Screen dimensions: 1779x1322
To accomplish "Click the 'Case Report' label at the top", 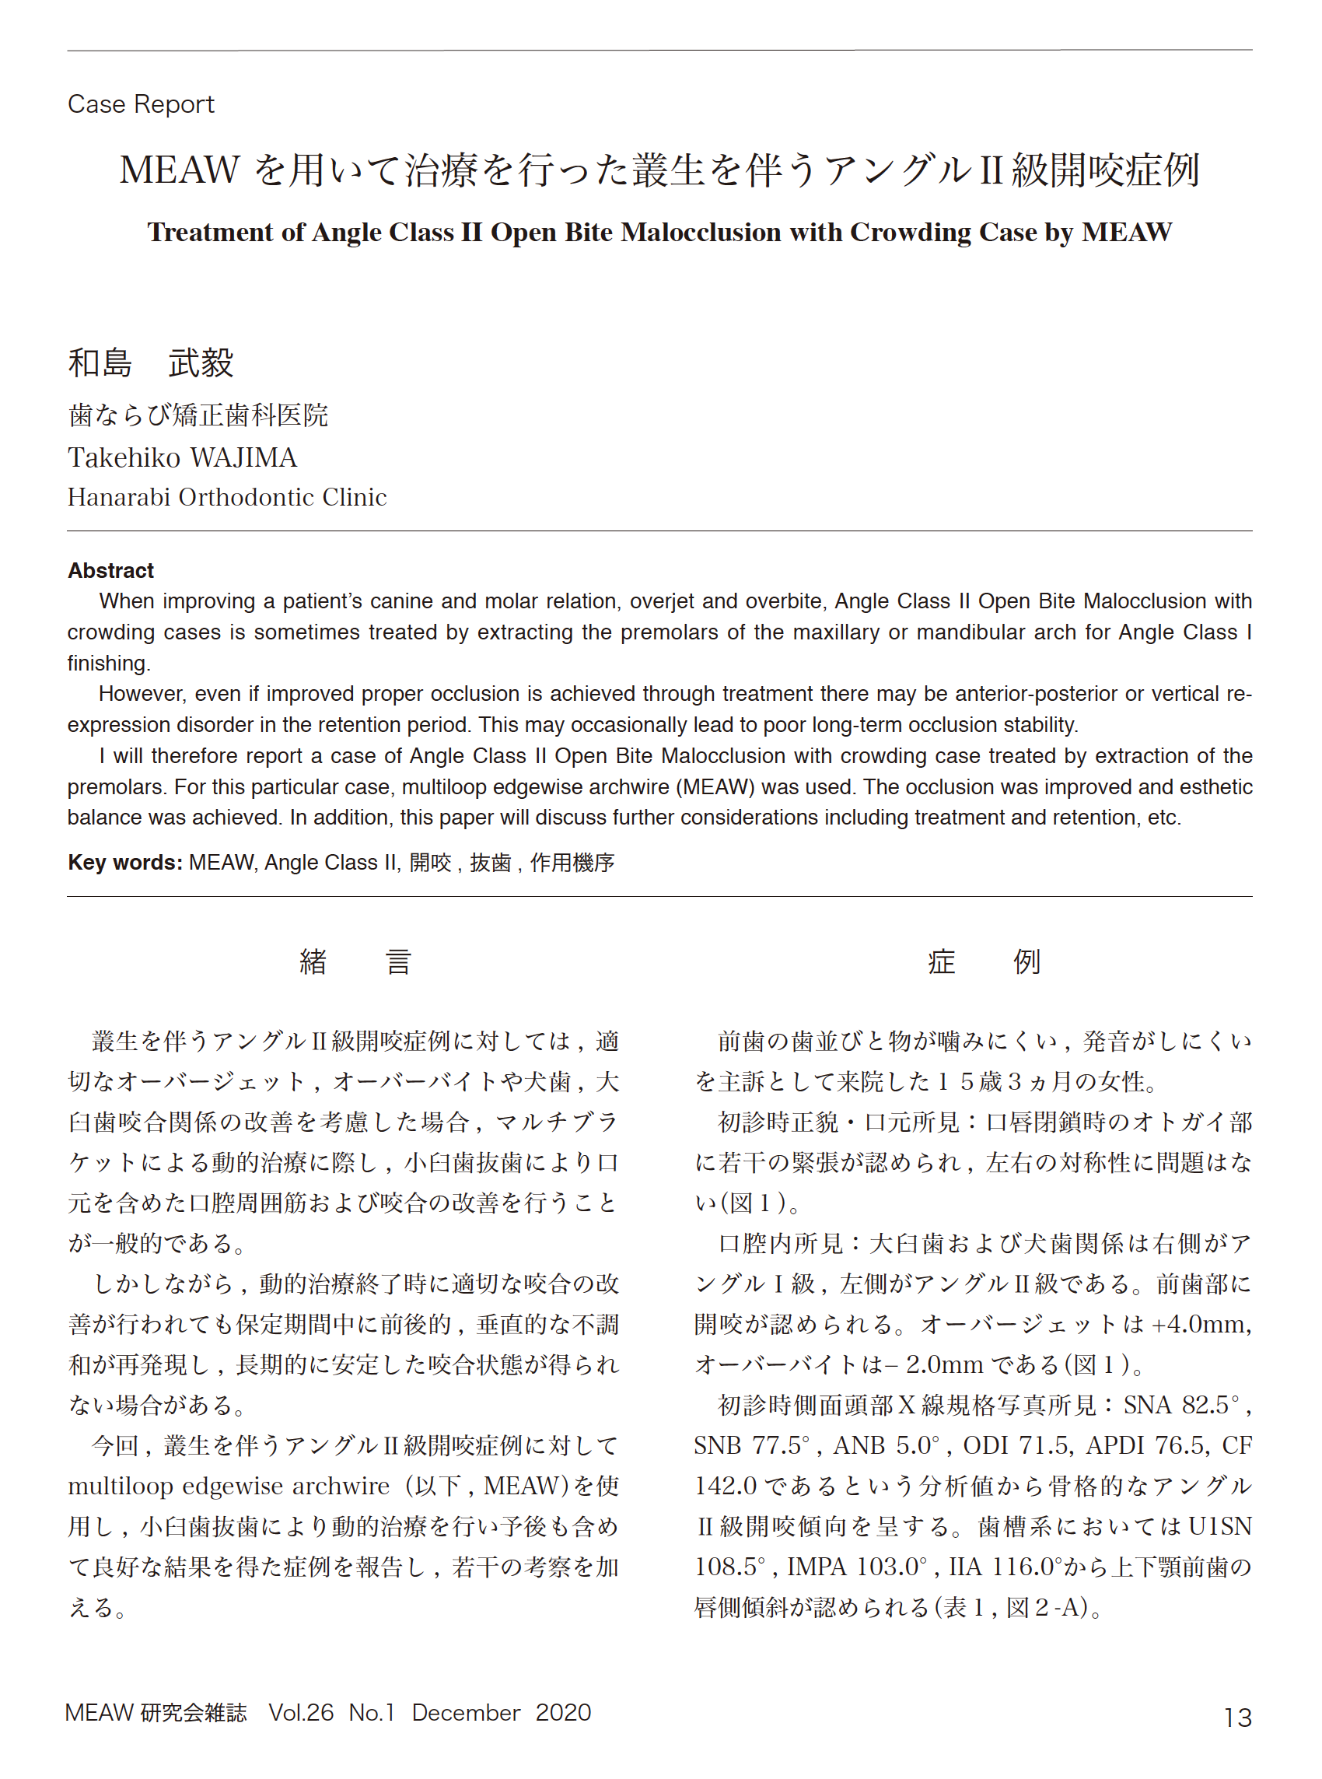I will [141, 104].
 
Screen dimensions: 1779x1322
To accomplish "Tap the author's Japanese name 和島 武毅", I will [150, 362].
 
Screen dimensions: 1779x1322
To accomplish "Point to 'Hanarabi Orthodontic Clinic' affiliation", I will [227, 497].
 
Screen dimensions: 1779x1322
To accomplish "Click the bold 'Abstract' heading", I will [110, 571].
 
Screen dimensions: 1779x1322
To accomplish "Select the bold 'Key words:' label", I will [125, 862].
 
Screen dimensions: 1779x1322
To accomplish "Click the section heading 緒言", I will [355, 961].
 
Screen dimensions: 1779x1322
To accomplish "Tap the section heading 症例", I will [984, 961].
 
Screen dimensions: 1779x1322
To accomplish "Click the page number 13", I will [1237, 1718].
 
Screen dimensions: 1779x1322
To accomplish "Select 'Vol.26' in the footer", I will [301, 1713].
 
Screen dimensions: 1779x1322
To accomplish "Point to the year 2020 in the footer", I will [563, 1713].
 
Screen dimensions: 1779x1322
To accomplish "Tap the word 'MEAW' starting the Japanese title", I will [180, 170].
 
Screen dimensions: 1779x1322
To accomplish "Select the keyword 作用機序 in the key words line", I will [572, 862].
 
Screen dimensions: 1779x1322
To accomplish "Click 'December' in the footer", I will [466, 1713].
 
